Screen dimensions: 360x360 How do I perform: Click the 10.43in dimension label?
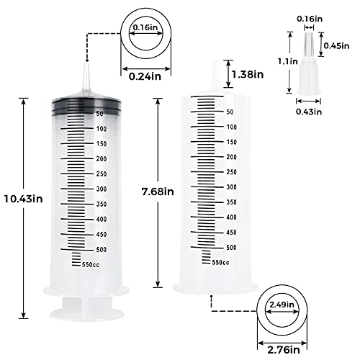click(22, 199)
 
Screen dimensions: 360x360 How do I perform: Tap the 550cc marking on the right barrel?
click(220, 262)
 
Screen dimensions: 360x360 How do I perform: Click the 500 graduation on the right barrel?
click(231, 247)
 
